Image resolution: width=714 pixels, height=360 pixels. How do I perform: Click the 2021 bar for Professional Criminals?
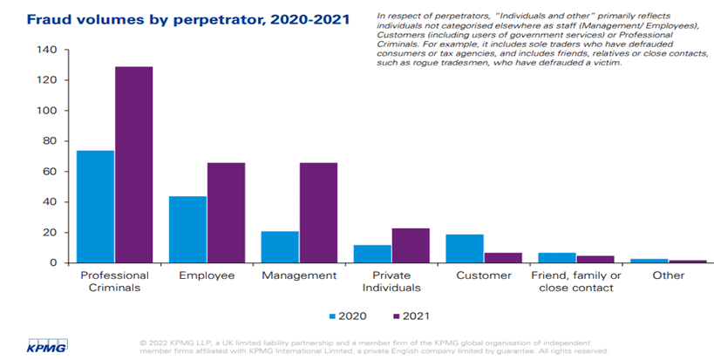coord(133,165)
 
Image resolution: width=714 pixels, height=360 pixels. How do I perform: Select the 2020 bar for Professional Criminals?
coord(95,207)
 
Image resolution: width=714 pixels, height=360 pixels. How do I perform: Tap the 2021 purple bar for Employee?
coord(226,213)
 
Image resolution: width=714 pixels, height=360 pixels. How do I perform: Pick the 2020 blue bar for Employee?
coord(187,229)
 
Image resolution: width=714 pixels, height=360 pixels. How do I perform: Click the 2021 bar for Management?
coord(318,213)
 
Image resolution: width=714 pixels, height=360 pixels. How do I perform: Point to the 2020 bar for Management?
coord(280,247)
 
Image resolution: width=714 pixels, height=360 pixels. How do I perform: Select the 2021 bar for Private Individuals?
coord(411,246)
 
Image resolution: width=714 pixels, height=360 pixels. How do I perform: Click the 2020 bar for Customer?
coord(465,248)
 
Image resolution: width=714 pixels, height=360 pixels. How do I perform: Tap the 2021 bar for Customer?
coord(503,258)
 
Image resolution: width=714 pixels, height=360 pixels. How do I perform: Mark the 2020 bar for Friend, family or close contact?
coord(557,258)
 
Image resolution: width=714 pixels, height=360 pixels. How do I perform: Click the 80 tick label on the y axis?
coord(51,141)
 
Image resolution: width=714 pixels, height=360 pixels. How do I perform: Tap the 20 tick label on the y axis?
coord(51,233)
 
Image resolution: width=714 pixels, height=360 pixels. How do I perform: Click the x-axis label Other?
coord(668,275)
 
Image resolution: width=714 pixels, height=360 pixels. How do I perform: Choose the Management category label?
coord(299,275)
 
